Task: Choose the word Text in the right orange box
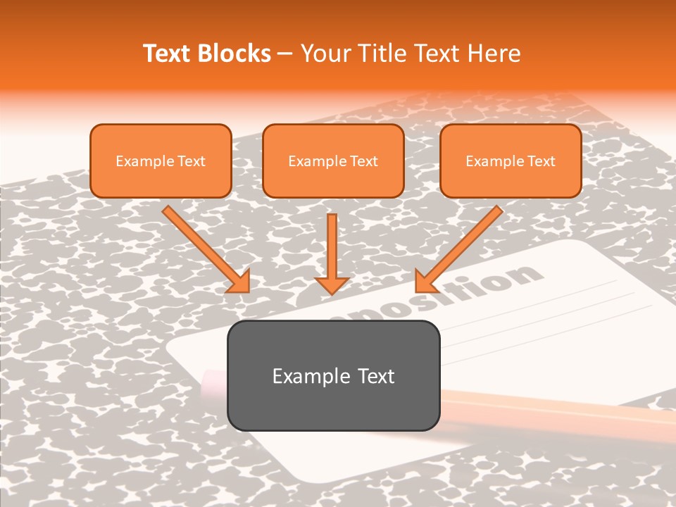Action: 541,161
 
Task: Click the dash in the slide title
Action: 285,54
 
